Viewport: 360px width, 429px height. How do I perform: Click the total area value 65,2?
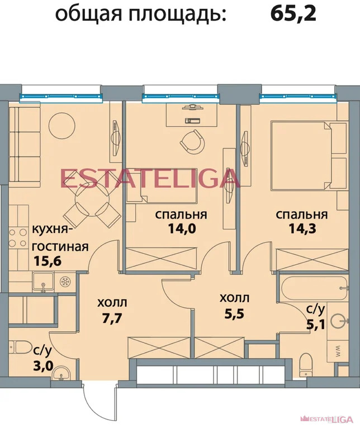[293, 13]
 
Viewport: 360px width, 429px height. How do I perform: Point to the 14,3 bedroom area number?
[301, 228]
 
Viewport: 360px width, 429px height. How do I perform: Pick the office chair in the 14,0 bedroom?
[192, 140]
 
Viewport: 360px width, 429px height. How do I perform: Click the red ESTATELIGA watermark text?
[150, 179]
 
